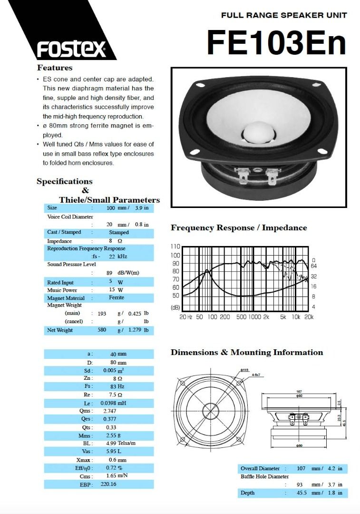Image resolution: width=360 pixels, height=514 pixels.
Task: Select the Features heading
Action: pyautogui.click(x=55, y=68)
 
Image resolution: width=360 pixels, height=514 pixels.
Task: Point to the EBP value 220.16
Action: pyautogui.click(x=108, y=484)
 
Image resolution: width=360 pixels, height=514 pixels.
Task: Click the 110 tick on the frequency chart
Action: pyautogui.click(x=175, y=247)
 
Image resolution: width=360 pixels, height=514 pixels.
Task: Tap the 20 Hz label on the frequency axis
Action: pyautogui.click(x=186, y=316)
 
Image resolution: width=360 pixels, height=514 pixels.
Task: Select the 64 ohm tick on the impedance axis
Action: pyautogui.click(x=314, y=266)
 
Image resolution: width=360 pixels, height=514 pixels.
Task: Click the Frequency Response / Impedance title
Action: pyautogui.click(x=239, y=227)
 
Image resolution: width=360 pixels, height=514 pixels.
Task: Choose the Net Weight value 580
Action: pyautogui.click(x=102, y=330)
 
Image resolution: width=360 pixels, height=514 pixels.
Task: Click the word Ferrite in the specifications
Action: pyautogui.click(x=116, y=297)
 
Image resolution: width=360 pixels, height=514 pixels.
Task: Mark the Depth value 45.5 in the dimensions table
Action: pyautogui.click(x=301, y=493)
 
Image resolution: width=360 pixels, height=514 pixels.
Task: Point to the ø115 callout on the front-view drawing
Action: pyautogui.click(x=245, y=370)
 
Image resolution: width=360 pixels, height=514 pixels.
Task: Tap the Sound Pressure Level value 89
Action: pyautogui.click(x=109, y=273)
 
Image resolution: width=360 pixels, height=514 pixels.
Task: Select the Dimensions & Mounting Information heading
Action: pyautogui.click(x=247, y=353)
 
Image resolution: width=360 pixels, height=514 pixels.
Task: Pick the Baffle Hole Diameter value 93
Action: pyautogui.click(x=300, y=484)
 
